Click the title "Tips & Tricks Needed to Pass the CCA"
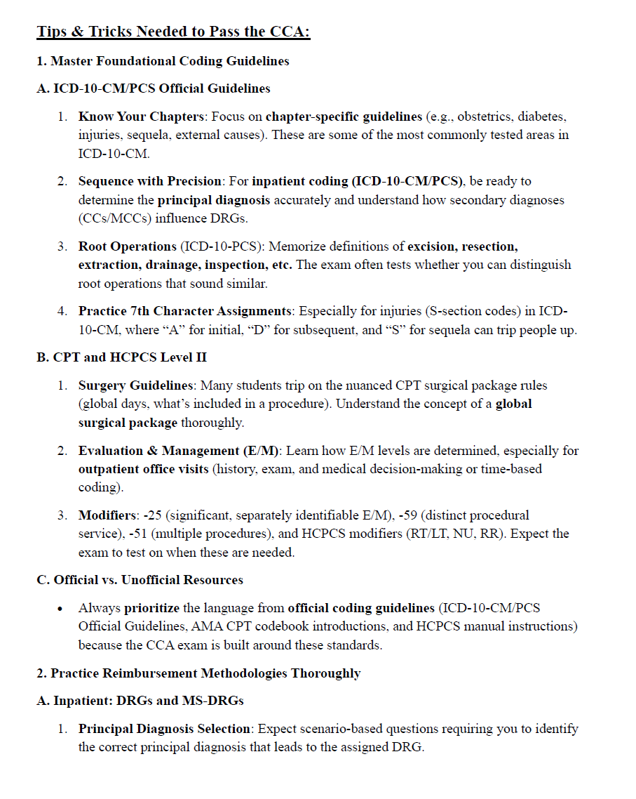[173, 32]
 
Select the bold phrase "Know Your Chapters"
[143, 116]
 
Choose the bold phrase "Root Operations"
[128, 246]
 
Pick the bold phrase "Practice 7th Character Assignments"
[185, 310]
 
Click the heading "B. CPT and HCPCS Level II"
[121, 357]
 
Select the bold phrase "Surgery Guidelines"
[135, 385]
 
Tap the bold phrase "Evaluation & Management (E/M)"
[179, 451]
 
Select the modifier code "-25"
[153, 515]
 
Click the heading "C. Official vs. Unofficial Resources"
[140, 580]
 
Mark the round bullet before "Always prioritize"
[62, 608]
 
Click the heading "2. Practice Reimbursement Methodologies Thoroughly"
[198, 673]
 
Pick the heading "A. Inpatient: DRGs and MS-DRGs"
[140, 701]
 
